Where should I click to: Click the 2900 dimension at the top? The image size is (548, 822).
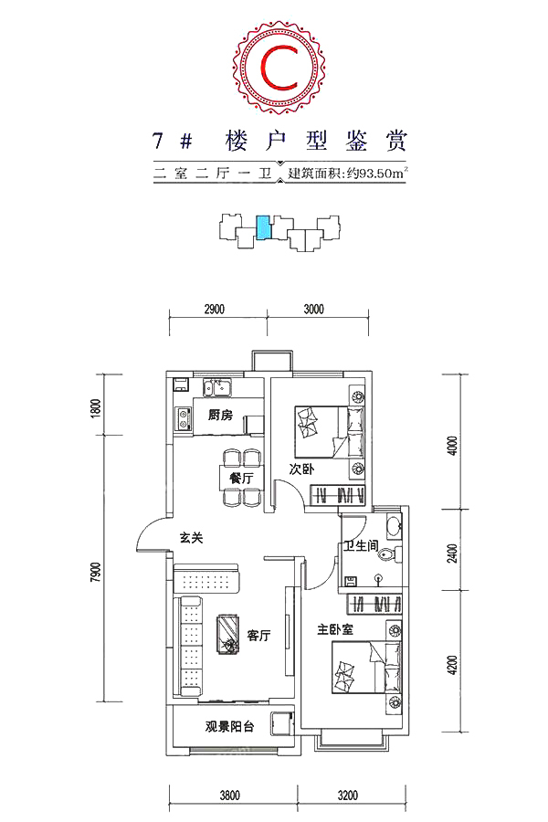click(214, 310)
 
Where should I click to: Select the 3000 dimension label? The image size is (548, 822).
click(313, 310)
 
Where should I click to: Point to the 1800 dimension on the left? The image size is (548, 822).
click(95, 408)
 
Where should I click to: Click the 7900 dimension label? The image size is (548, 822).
click(95, 573)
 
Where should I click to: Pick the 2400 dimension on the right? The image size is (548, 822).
click(453, 553)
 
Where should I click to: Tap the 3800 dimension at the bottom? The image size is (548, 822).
click(229, 795)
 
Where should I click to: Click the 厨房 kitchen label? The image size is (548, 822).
click(220, 416)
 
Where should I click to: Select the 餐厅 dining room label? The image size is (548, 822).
click(241, 478)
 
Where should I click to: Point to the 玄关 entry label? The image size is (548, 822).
click(191, 538)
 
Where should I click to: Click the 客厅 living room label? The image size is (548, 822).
click(259, 636)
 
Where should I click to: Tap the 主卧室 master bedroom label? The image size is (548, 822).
click(335, 629)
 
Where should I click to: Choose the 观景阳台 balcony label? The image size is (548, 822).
click(229, 727)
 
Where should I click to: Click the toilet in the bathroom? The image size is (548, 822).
click(391, 553)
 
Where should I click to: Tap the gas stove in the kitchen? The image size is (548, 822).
click(184, 418)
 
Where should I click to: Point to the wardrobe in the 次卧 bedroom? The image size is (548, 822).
click(338, 495)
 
